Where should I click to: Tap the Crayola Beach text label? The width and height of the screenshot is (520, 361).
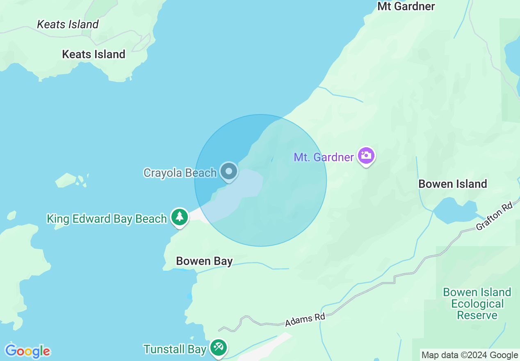pos(180,173)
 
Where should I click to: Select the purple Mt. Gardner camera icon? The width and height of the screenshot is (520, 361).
pos(366,156)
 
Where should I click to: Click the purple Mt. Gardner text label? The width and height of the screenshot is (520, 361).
pos(324,157)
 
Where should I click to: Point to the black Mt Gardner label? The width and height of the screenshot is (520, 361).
pos(406,6)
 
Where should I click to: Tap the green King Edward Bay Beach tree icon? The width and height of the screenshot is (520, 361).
pos(179,217)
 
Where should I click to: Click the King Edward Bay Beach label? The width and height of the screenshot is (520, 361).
pos(107,219)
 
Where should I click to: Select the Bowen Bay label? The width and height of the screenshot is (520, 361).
pos(204,261)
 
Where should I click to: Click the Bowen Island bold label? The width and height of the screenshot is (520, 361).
pos(452,183)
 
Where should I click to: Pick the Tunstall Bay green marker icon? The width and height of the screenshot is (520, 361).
pos(218,348)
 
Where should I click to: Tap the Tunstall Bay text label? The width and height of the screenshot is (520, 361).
pos(175,349)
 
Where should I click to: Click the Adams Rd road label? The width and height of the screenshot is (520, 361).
pos(305,320)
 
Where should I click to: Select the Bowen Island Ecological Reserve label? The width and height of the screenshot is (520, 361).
pos(477,304)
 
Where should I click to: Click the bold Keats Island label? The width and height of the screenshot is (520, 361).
pos(94,54)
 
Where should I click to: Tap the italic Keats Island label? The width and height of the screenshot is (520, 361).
pos(68,24)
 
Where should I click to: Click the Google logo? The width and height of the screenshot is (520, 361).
pos(27,351)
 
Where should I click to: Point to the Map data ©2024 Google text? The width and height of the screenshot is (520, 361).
pos(470,355)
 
